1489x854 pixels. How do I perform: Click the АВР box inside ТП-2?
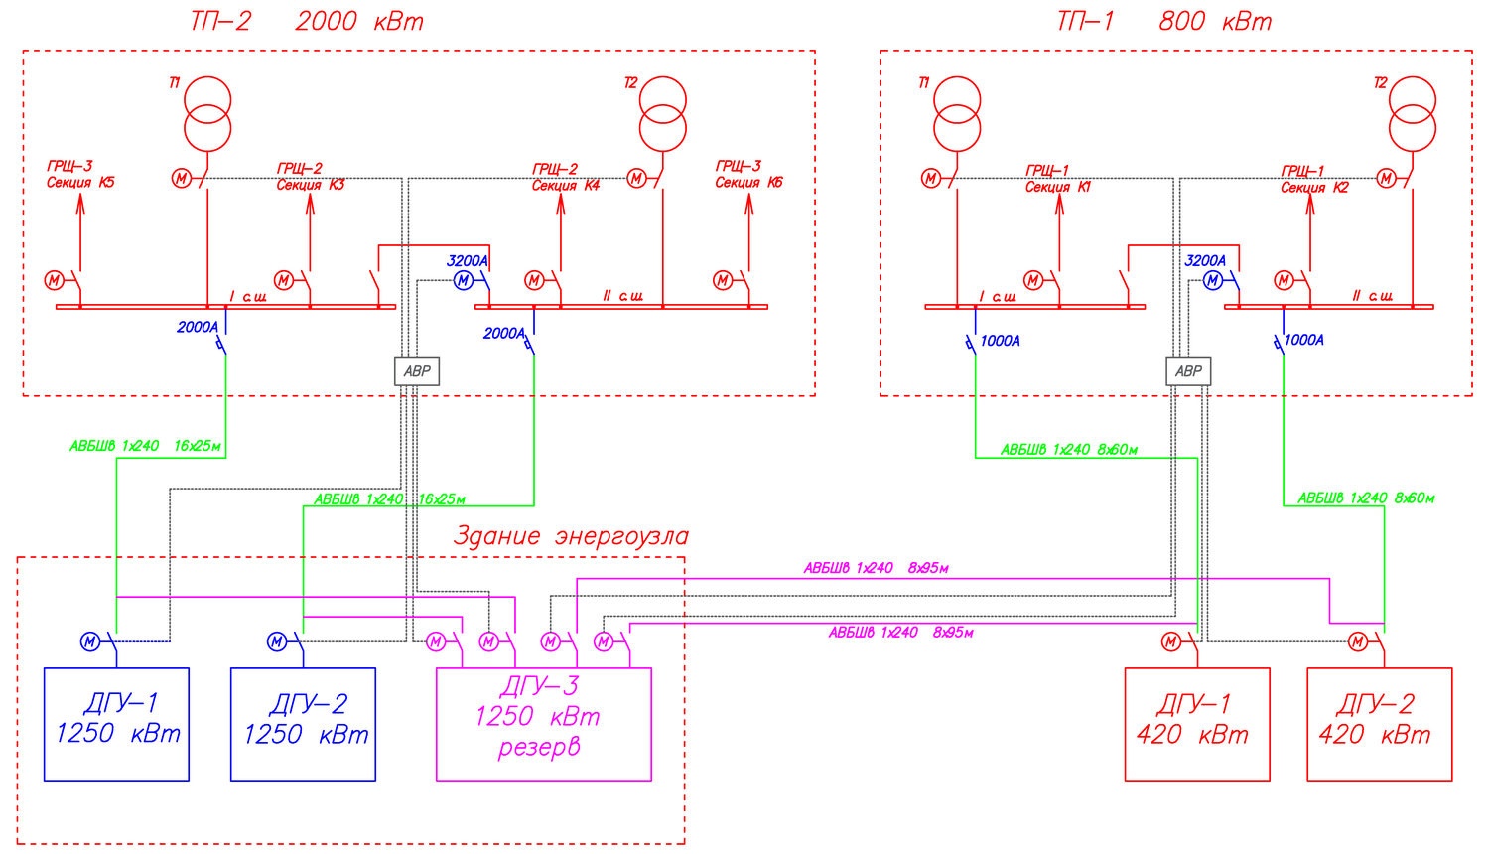pos(417,371)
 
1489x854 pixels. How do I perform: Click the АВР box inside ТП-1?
pos(1188,371)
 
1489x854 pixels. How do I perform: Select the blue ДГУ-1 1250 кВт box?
pos(116,724)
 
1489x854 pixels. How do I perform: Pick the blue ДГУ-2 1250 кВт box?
pos(303,724)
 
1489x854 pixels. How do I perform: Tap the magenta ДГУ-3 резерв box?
pos(544,724)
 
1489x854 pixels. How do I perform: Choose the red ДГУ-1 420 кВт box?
pos(1197,724)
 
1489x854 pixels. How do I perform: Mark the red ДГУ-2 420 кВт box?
pos(1380,724)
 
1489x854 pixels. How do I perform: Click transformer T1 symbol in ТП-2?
pos(207,114)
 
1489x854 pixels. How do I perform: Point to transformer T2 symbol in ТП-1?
pos(1413,114)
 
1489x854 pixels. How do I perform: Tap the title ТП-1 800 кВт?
pos(1163,22)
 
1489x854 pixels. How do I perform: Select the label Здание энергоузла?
pos(571,537)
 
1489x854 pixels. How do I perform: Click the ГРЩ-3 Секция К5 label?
pos(80,175)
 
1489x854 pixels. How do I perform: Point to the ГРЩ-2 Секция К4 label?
pos(565,178)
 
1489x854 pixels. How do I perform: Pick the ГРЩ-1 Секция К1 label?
pos(1057,179)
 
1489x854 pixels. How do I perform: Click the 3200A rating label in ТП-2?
pos(467,261)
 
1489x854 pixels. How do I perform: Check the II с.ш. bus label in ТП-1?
pos(1372,296)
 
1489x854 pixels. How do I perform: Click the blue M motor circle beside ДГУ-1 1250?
pos(90,642)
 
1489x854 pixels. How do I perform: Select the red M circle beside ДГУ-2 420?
pos(1358,642)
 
